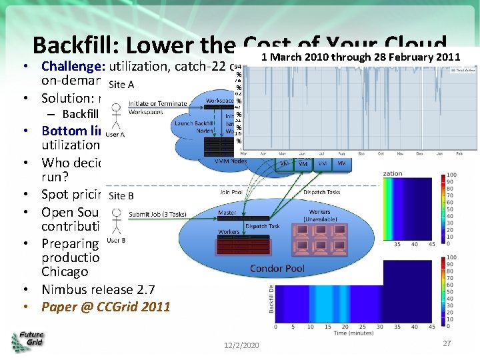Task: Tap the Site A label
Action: (121, 84)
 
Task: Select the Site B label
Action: (121, 195)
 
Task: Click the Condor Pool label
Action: (279, 268)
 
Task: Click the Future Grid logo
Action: (27, 341)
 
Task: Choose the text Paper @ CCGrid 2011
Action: (105, 307)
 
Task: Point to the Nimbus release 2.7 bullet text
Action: (98, 289)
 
